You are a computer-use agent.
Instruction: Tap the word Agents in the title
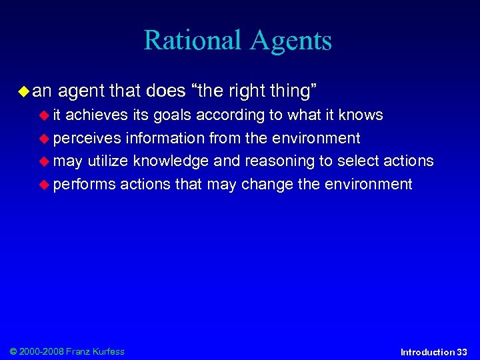(291, 41)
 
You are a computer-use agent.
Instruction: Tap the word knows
(360, 115)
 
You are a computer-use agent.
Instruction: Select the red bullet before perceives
(46, 139)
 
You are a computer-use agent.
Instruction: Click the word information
(165, 139)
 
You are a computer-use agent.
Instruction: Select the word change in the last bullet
(264, 185)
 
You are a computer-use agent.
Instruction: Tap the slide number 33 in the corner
(461, 352)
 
